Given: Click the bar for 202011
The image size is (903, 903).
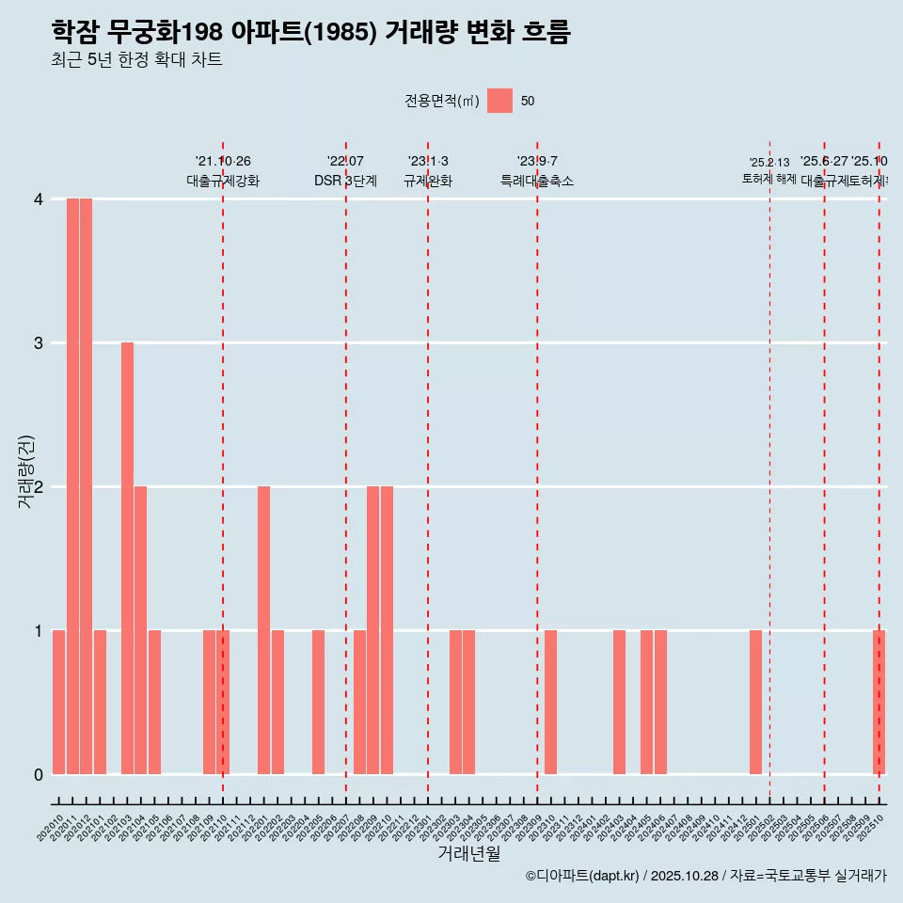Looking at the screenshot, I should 72,486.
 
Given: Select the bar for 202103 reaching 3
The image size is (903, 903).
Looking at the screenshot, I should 127,558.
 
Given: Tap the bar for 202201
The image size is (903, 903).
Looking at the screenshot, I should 263,630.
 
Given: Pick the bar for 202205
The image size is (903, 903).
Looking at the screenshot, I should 318,702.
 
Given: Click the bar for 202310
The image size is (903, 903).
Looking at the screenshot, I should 550,702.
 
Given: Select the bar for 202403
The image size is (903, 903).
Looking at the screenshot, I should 619,702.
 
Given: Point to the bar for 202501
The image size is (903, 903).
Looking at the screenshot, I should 755,702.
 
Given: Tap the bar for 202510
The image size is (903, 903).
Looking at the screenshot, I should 879,702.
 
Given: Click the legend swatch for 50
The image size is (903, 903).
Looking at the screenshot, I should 499,101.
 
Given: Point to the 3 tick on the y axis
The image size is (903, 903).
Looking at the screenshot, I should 39,342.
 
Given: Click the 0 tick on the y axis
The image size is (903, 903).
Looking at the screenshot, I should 39,774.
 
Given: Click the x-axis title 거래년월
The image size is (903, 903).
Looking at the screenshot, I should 468,853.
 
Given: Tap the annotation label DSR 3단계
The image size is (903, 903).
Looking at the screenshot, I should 345,182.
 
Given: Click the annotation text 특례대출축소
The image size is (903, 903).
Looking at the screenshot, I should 536,182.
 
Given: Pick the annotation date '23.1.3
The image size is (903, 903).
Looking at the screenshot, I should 428,162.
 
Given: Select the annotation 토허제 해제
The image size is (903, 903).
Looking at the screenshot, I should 768,179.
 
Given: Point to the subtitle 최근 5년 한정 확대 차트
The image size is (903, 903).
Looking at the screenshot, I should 136,60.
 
